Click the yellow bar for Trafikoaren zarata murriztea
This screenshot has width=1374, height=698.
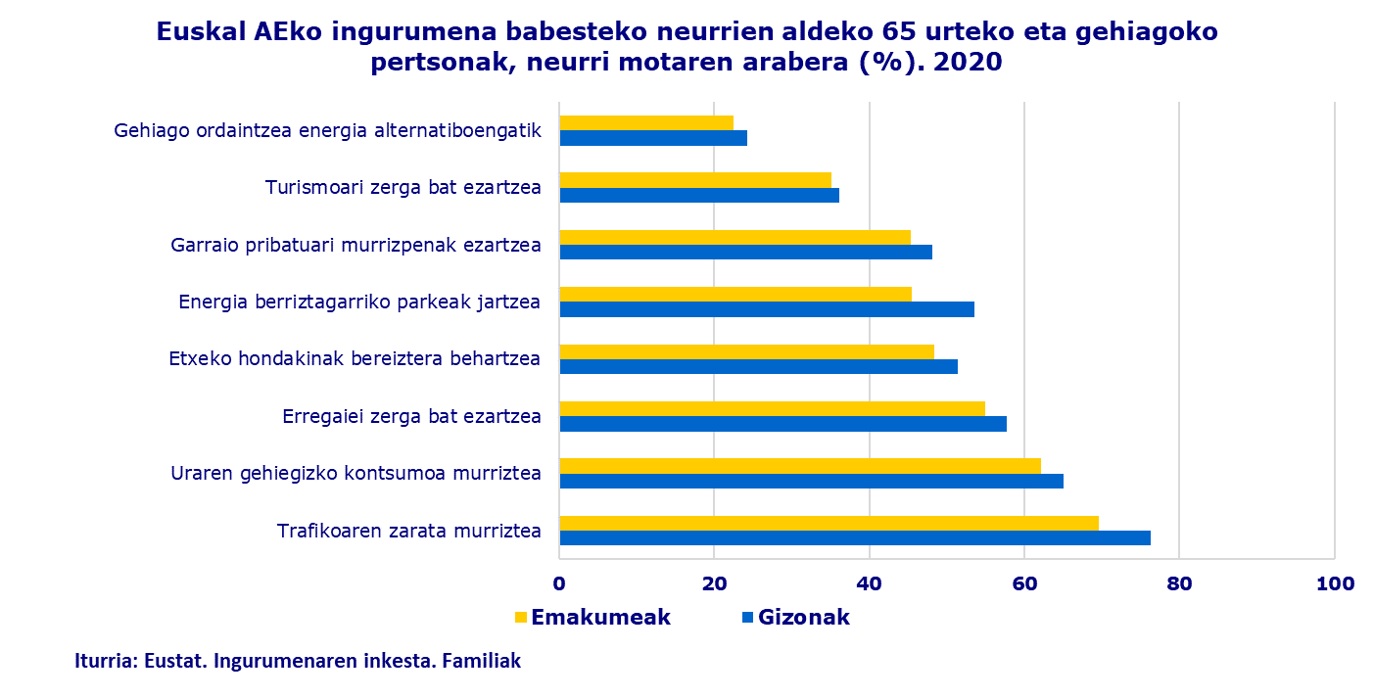(829, 523)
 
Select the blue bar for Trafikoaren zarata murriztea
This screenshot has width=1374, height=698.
(854, 537)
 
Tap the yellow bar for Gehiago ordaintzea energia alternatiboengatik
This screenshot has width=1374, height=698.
(646, 122)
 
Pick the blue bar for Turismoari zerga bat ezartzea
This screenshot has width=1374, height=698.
(698, 195)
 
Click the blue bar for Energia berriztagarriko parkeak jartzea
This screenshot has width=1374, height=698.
(766, 309)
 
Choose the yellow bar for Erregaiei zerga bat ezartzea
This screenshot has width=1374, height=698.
(772, 408)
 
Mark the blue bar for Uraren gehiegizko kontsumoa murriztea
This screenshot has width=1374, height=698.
(811, 481)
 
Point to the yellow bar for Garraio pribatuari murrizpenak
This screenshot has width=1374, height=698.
(734, 237)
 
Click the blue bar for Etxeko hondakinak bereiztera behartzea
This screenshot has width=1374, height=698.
(758, 366)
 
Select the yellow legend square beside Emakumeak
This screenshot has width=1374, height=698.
(521, 618)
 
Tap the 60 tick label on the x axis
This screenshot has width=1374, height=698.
(1024, 584)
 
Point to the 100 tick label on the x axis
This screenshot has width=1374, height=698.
(1335, 584)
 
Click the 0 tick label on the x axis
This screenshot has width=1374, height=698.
(559, 584)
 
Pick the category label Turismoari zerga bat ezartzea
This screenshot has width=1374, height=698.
(403, 187)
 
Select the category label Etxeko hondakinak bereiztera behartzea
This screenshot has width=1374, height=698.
(355, 358)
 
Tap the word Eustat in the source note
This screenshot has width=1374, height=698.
(172, 661)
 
